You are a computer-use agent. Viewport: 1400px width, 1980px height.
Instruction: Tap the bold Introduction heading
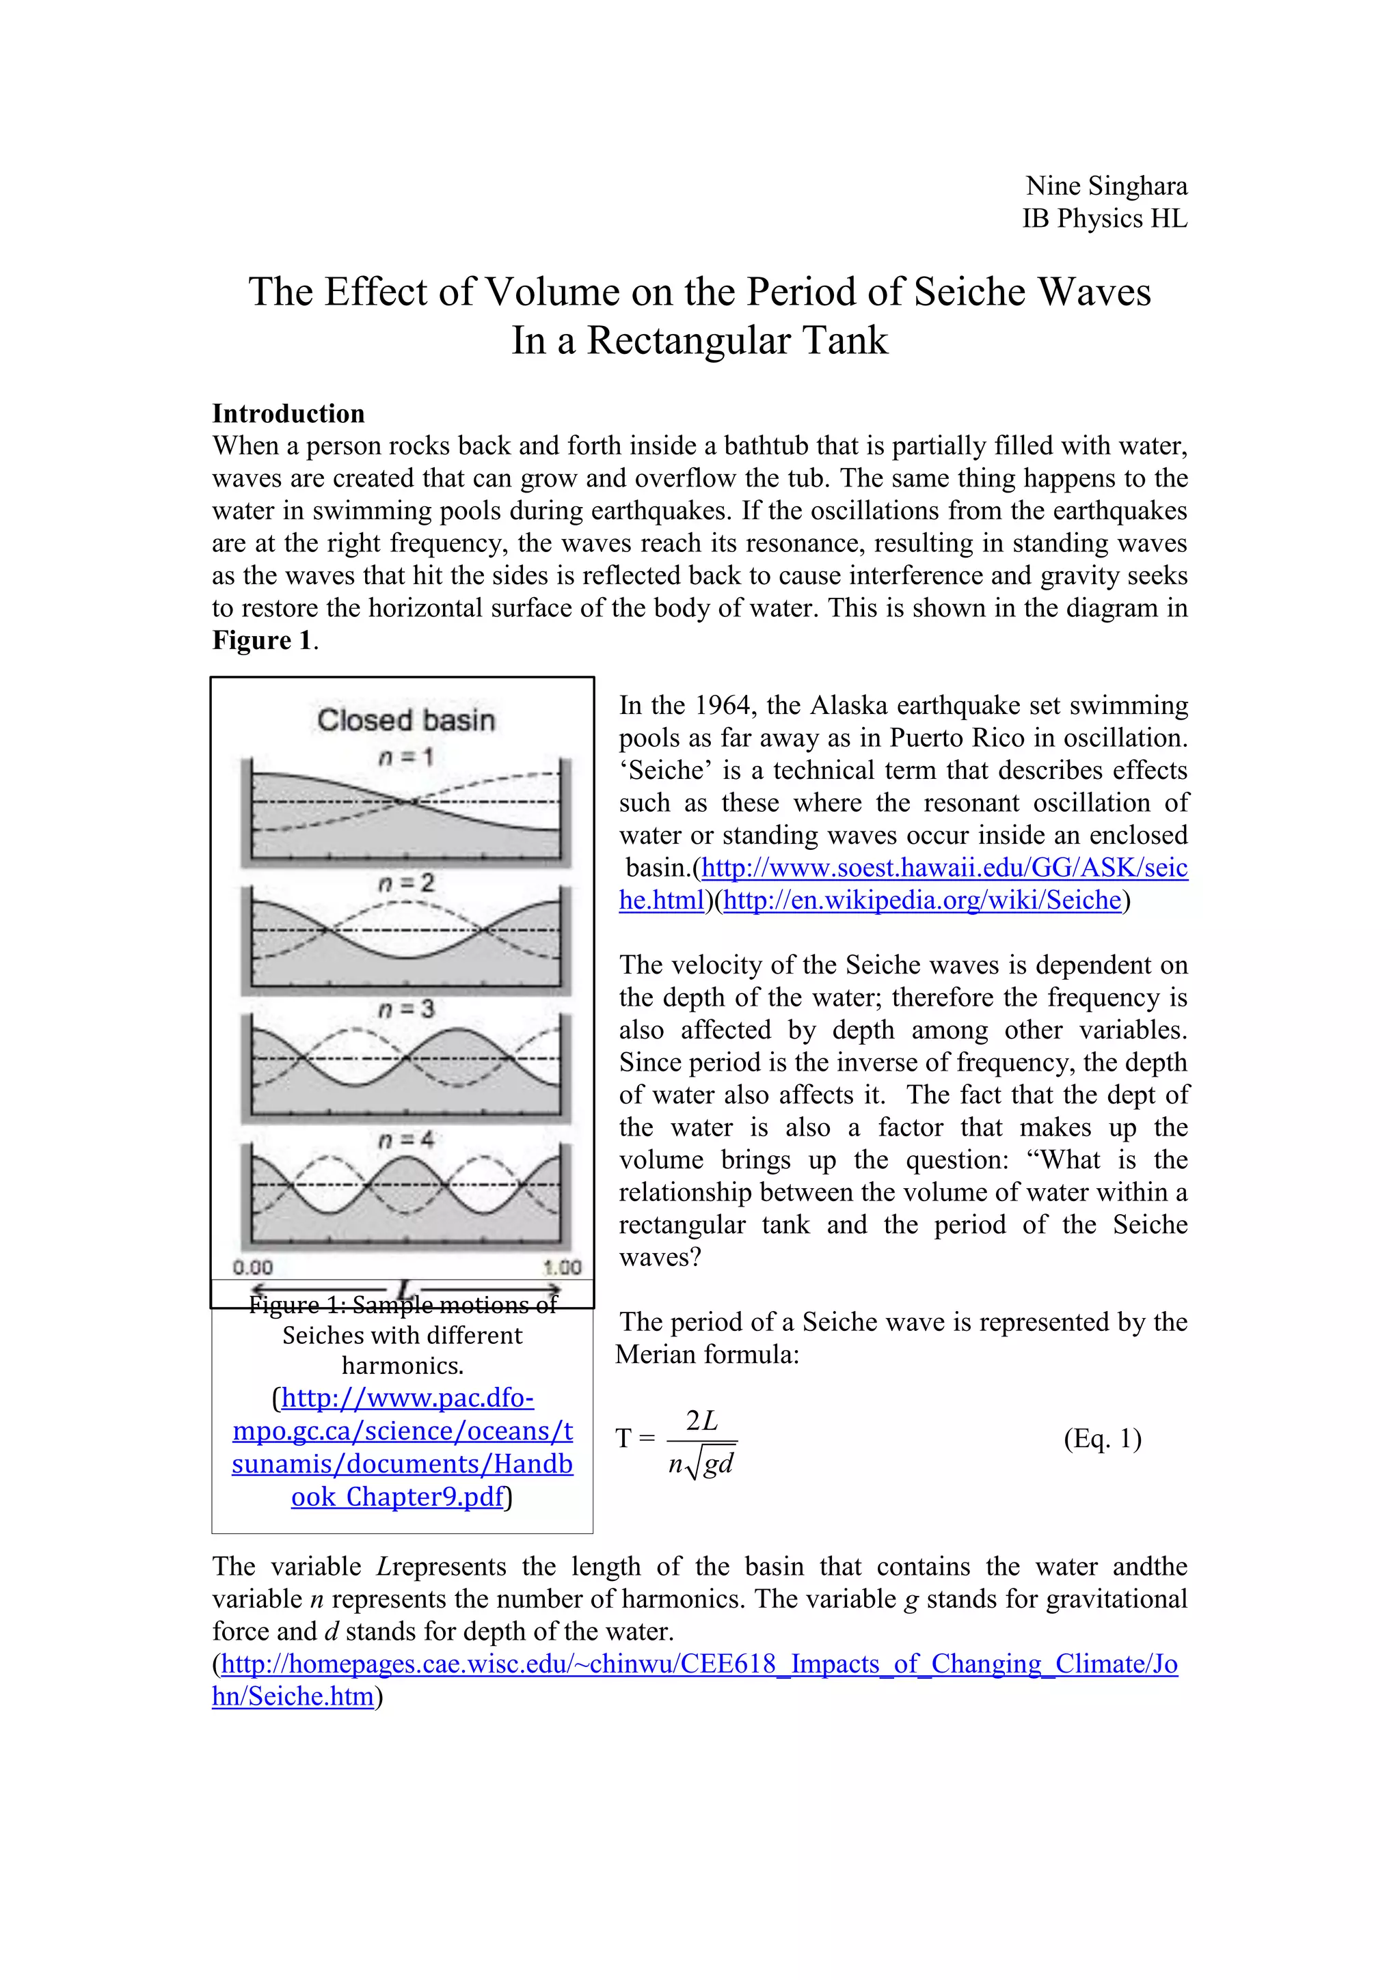click(288, 413)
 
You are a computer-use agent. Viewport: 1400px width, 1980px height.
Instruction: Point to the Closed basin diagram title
click(405, 720)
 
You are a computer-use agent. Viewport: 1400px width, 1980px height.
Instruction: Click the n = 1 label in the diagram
click(405, 757)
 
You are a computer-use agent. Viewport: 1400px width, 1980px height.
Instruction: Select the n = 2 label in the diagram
click(405, 882)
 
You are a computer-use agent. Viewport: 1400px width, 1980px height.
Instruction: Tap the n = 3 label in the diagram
click(405, 1008)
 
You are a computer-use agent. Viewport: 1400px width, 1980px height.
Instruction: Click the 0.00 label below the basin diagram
click(253, 1267)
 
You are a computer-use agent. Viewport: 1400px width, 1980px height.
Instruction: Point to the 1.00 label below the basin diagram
click(563, 1267)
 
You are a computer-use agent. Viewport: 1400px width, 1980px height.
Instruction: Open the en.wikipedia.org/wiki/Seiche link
click(922, 900)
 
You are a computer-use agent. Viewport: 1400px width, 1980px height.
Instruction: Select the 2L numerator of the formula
click(701, 1420)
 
